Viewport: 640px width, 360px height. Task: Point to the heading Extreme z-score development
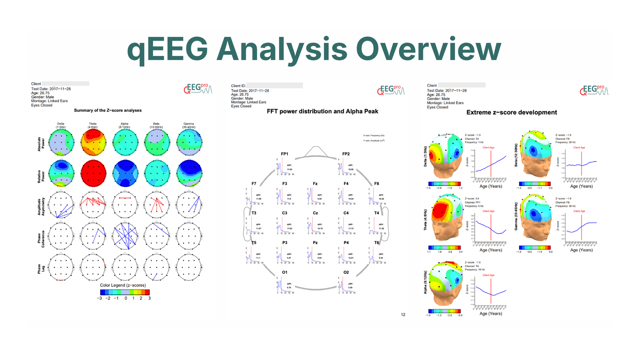[512, 112]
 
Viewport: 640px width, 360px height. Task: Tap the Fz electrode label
[315, 182]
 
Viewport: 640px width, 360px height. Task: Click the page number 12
[403, 315]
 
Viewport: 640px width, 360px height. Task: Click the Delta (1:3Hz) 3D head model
[445, 154]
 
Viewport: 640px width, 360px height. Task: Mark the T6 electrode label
[376, 243]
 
